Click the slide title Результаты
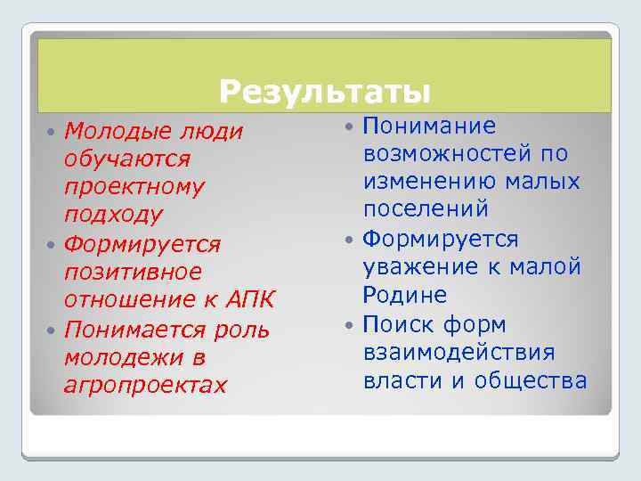325,91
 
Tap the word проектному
134,187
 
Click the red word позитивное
133,271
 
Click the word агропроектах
145,385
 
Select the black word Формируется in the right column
441,239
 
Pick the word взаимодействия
458,352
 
